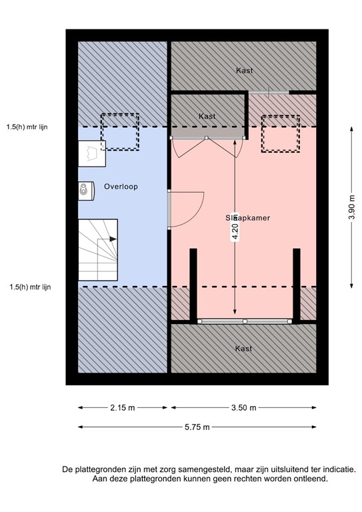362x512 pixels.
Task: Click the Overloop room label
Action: pyautogui.click(x=121, y=187)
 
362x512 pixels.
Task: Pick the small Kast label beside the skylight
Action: pyautogui.click(x=207, y=116)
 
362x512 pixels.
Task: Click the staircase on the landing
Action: pyautogui.click(x=98, y=249)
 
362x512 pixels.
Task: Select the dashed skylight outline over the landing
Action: pyautogui.click(x=119, y=131)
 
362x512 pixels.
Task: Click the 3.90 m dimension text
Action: pyautogui.click(x=351, y=207)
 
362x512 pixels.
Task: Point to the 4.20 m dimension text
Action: pyautogui.click(x=235, y=231)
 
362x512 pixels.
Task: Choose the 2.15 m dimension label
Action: pyautogui.click(x=123, y=407)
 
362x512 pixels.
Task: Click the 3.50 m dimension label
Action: pyautogui.click(x=243, y=407)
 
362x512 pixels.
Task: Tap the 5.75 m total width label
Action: pyautogui.click(x=197, y=427)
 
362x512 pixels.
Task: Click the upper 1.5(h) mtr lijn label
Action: pyautogui.click(x=29, y=127)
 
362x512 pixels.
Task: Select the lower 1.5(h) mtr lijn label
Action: pyautogui.click(x=31, y=287)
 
